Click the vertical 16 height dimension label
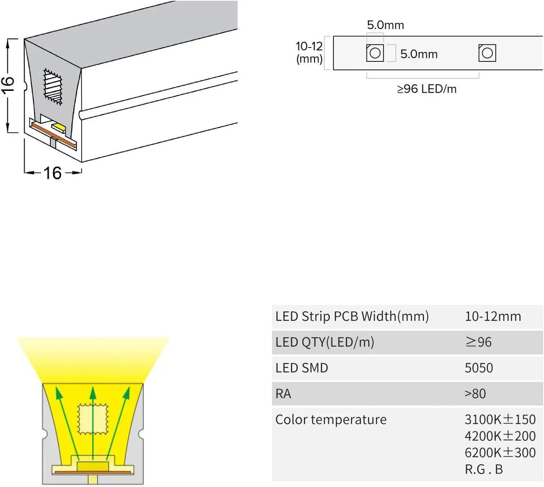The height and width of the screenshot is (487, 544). [8, 85]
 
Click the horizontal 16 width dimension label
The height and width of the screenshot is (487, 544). [52, 173]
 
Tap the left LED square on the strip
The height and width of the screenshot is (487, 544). [375, 53]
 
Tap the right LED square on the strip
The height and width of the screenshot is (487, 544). [487, 53]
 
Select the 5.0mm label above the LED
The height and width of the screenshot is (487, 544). [385, 25]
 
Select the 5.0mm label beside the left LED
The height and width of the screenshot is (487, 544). [419, 54]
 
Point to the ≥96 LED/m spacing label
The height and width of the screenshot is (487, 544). [427, 89]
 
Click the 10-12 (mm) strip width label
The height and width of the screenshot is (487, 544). [309, 52]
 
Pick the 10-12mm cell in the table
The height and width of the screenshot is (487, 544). [493, 316]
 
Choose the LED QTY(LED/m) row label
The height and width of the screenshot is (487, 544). [324, 342]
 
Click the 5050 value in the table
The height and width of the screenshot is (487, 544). [479, 368]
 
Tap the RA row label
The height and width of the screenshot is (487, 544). [283, 394]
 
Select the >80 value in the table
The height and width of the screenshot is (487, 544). [475, 394]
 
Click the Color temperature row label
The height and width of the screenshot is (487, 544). [331, 420]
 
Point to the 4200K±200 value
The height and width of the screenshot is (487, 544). [500, 436]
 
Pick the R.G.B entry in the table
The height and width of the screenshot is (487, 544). [484, 469]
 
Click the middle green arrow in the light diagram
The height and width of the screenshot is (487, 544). [93, 421]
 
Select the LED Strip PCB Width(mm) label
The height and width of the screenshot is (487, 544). [352, 316]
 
